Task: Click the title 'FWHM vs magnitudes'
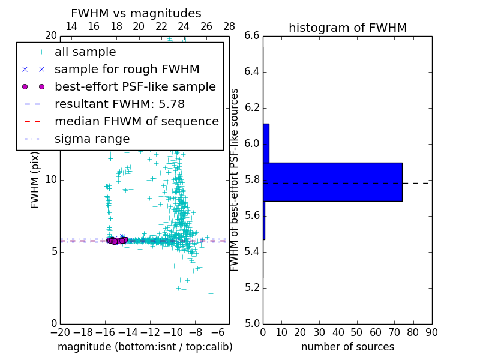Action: tap(136, 14)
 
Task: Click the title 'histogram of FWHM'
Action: tap(347, 28)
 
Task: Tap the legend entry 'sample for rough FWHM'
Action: tap(127, 70)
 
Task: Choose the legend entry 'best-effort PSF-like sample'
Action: tap(135, 87)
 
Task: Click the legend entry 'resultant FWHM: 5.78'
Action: tap(119, 104)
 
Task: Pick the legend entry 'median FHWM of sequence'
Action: tap(136, 122)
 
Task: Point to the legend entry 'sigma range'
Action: tap(92, 139)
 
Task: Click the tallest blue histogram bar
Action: tap(332, 182)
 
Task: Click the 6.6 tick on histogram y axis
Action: tap(252, 36)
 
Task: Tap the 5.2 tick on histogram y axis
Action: tap(252, 288)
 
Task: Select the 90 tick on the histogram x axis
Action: tap(431, 332)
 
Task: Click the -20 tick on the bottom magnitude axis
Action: tap(60, 332)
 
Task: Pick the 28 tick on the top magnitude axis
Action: tap(229, 26)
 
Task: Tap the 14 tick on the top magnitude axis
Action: tap(71, 26)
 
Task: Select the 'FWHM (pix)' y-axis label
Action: tap(35, 180)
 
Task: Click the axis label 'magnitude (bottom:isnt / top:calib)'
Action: tap(145, 347)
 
